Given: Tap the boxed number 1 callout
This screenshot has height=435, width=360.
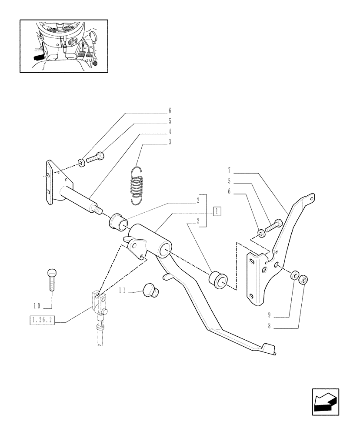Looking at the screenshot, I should coord(217,211).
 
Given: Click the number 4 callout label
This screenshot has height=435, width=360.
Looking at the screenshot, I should coord(170,131).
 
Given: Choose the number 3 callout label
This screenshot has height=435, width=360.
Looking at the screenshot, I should coord(170,142).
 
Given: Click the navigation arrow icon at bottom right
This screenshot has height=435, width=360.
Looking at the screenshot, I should coord(325,402).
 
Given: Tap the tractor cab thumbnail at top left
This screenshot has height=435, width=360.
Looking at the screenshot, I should coord(63,46).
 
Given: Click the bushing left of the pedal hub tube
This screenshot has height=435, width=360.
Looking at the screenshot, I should coord(117,221).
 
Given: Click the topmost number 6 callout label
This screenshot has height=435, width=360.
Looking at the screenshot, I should coord(170,111).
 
